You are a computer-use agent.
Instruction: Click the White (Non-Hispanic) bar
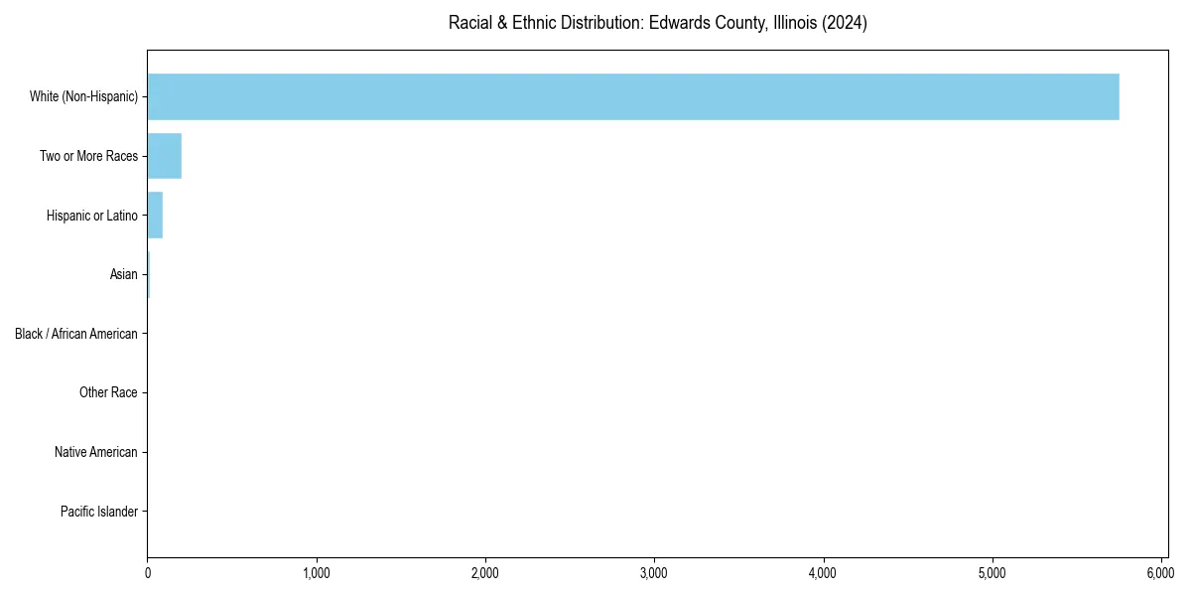[x=633, y=96]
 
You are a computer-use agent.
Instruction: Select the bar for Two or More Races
[x=165, y=156]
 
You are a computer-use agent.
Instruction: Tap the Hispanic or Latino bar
[x=155, y=215]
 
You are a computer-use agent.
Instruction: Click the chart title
[x=657, y=23]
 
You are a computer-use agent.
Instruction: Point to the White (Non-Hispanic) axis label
[x=83, y=96]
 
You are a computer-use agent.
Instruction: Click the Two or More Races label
[x=88, y=156]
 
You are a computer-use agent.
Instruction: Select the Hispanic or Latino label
[x=91, y=215]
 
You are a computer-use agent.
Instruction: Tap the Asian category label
[x=123, y=274]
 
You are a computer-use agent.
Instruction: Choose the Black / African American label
[x=76, y=334]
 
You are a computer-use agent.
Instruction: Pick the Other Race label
[x=108, y=392]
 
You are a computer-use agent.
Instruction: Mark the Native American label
[x=96, y=452]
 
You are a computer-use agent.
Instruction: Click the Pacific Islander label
[x=98, y=512]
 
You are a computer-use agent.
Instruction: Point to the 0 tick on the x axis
[x=148, y=573]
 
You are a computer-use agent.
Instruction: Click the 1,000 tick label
[x=317, y=573]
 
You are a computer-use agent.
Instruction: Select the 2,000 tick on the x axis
[x=485, y=573]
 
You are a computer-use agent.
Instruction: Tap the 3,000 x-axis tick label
[x=654, y=573]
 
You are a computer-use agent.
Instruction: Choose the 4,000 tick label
[x=823, y=573]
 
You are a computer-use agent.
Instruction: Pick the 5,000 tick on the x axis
[x=992, y=573]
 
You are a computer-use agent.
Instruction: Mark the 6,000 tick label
[x=1161, y=573]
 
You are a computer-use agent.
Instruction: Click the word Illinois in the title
[x=794, y=23]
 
